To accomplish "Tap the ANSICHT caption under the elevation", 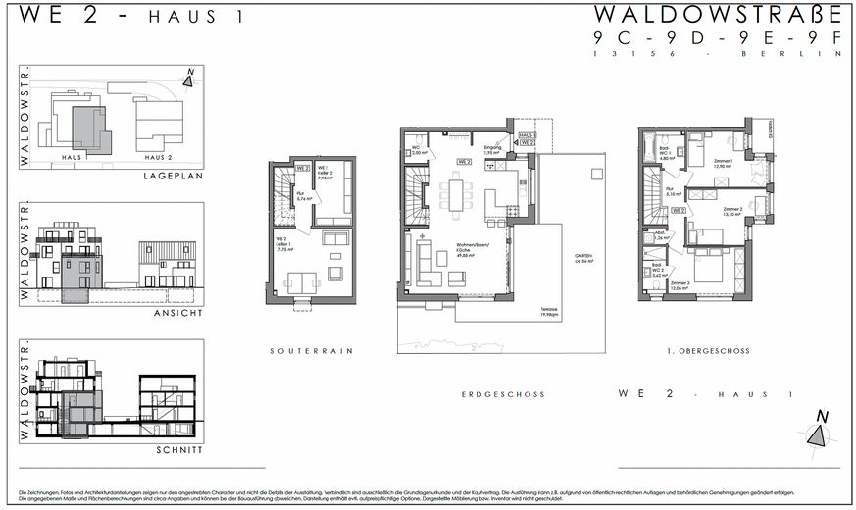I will (x=178, y=312).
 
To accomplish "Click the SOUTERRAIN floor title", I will (x=311, y=350).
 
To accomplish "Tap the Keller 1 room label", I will (x=286, y=246).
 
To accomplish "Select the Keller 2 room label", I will (x=338, y=175).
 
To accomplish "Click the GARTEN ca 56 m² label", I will (x=586, y=259).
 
